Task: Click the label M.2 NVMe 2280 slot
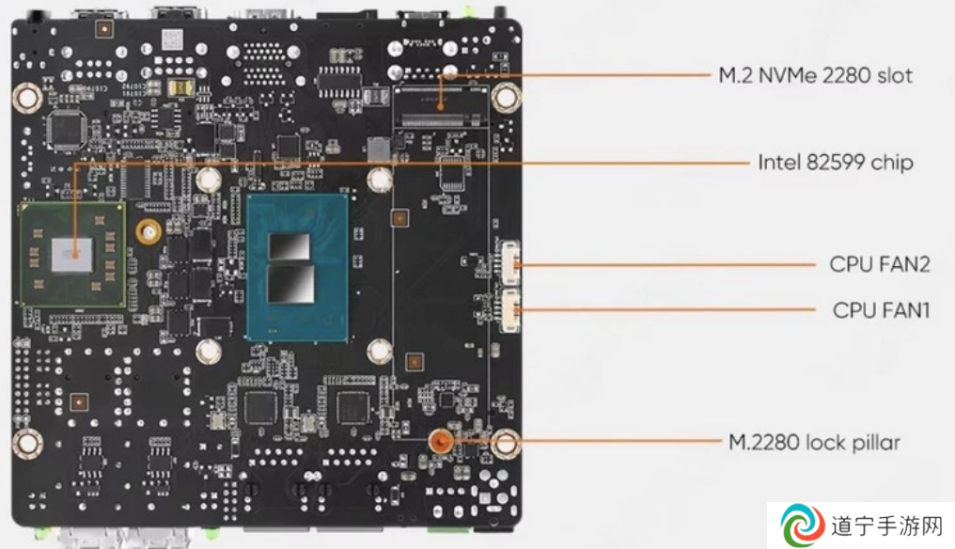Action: click(x=815, y=75)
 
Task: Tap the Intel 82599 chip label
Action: click(x=835, y=162)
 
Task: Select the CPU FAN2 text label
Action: click(x=880, y=264)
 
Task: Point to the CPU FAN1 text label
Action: click(x=881, y=310)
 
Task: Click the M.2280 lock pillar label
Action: click(x=814, y=442)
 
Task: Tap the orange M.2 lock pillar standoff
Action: click(x=440, y=441)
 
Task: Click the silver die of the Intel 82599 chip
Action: click(x=72, y=256)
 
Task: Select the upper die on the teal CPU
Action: click(x=290, y=246)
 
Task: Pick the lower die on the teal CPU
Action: click(x=291, y=283)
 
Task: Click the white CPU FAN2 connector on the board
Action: click(x=509, y=262)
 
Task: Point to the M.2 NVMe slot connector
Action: click(x=441, y=118)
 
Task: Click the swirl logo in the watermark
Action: click(x=803, y=524)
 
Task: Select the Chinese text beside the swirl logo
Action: click(x=887, y=525)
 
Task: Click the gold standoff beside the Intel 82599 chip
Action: click(x=148, y=231)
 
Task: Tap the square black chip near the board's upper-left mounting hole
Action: click(x=66, y=129)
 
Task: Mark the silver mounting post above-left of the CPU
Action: click(x=209, y=180)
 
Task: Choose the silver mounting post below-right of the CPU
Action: click(x=380, y=351)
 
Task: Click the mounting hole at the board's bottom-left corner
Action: click(x=27, y=443)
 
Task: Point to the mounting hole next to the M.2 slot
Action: click(x=506, y=97)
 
